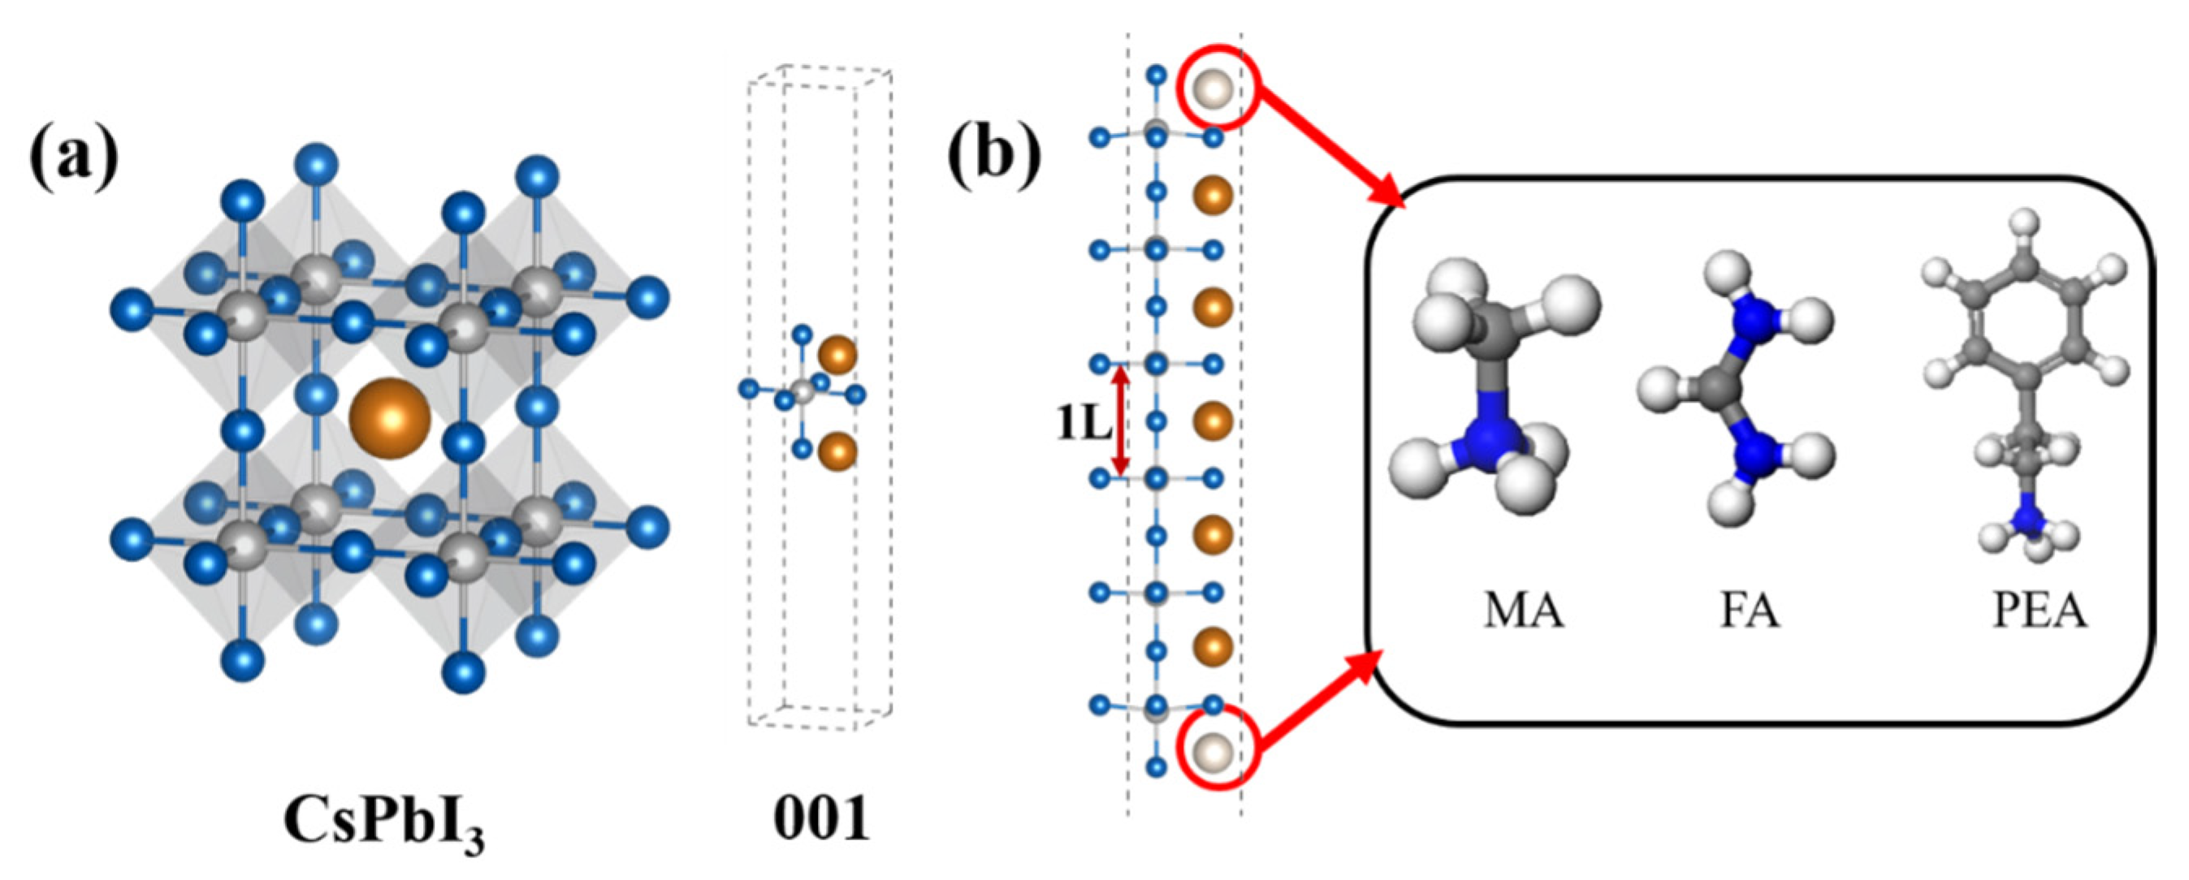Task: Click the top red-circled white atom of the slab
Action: pos(1213,88)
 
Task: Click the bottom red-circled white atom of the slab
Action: pos(1213,751)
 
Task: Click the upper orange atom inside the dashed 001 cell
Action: pos(838,354)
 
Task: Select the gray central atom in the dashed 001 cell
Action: pos(802,392)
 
